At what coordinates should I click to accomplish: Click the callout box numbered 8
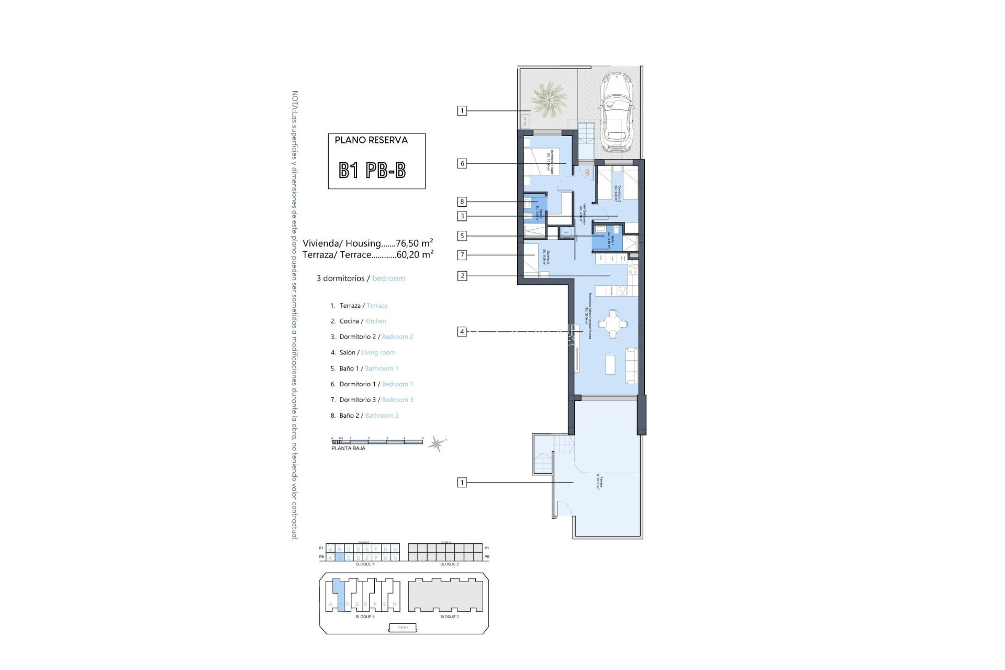[x=462, y=202]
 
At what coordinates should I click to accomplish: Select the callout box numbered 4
[x=462, y=331]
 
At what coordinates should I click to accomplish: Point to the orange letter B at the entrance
[x=587, y=173]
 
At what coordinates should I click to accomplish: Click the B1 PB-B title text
[x=372, y=170]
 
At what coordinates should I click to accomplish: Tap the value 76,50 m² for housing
[x=415, y=243]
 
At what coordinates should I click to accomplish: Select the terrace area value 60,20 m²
[x=415, y=255]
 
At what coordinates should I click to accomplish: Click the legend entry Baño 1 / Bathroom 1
[x=368, y=368]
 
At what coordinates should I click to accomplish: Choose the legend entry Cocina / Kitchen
[x=363, y=321]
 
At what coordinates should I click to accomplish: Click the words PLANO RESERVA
[x=371, y=140]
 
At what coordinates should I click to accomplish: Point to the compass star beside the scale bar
[x=436, y=444]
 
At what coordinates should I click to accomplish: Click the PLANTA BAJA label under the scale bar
[x=348, y=449]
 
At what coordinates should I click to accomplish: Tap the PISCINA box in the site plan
[x=404, y=627]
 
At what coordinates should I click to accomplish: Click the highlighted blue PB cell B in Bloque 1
[x=339, y=558]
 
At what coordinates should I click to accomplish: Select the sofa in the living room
[x=632, y=366]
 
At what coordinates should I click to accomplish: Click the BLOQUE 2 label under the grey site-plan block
[x=449, y=617]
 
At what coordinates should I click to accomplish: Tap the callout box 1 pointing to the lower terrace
[x=462, y=483]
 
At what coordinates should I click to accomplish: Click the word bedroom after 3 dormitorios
[x=388, y=278]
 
